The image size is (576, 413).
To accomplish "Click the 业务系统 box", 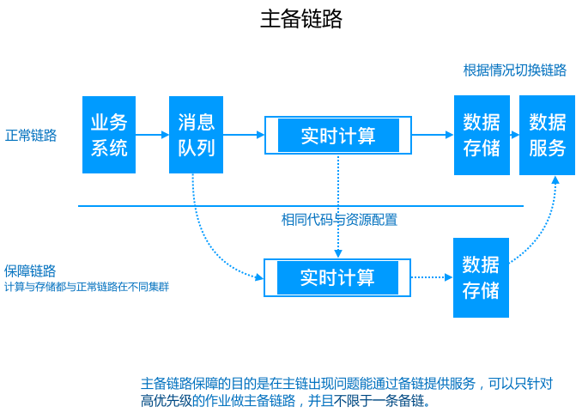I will [109, 135].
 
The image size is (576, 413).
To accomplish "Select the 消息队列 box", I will [196, 135].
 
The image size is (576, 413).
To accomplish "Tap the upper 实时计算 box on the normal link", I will [337, 136].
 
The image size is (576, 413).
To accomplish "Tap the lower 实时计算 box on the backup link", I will [337, 277].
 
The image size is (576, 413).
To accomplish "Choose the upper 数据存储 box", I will [482, 135].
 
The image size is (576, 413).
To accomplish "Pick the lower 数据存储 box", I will [481, 277].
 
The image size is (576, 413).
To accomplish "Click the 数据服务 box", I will [547, 135].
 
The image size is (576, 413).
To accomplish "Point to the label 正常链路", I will [31, 136].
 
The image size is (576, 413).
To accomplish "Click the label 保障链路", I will [31, 270].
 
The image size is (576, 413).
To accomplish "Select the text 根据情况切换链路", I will [514, 70].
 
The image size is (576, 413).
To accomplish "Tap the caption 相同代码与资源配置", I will [340, 220].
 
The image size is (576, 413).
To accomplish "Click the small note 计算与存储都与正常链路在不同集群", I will [87, 287].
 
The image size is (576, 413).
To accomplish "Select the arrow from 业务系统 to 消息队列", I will [153, 135].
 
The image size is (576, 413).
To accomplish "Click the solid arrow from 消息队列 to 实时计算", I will [244, 135].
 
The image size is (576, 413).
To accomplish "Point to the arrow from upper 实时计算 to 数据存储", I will [433, 135].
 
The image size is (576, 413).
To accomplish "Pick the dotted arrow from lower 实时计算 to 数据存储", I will [432, 277].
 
